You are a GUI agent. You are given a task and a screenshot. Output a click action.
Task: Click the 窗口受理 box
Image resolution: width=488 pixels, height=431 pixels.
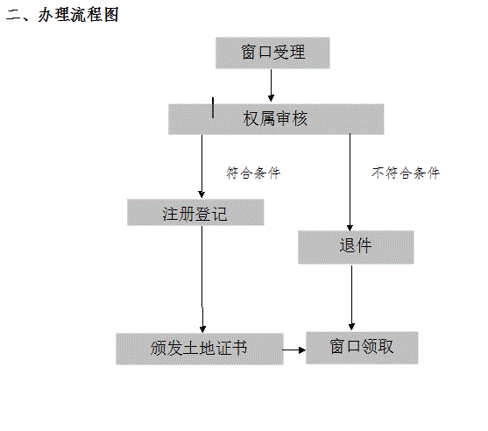coord(272,53)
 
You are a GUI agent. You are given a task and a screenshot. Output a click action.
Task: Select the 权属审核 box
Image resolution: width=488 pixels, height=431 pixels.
coord(276,119)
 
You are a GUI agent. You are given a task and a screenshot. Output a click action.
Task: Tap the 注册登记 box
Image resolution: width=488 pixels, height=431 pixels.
coord(195,212)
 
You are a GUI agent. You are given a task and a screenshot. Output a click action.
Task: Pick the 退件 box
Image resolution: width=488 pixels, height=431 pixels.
coord(356,247)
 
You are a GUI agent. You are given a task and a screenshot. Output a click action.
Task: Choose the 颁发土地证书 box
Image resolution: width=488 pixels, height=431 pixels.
coord(200,349)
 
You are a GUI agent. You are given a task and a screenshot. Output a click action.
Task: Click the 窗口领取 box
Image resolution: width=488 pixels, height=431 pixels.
coord(362,348)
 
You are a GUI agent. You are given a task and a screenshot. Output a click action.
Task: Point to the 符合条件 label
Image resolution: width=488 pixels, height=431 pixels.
coord(253,173)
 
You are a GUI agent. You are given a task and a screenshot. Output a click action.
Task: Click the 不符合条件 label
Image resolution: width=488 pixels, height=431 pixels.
coord(406,173)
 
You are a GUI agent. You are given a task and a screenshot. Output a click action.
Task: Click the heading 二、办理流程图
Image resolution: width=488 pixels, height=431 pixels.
coord(62,15)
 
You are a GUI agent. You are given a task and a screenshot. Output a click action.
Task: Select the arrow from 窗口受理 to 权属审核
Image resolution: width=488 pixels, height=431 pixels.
coord(271,85)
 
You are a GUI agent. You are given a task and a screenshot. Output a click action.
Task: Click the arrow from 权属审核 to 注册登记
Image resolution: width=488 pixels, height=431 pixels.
coord(202,166)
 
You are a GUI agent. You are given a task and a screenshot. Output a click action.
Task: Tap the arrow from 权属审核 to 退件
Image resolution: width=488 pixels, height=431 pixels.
coord(350,182)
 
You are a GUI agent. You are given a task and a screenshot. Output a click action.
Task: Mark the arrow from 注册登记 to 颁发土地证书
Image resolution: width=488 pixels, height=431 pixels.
coord(202,279)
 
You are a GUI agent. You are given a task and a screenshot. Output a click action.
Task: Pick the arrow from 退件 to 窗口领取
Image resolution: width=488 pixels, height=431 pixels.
coord(351,298)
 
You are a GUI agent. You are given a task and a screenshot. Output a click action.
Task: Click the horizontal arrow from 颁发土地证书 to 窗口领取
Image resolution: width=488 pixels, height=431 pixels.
coord(294,350)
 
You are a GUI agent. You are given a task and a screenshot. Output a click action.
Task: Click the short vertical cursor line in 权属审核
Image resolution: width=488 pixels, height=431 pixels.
coord(213,108)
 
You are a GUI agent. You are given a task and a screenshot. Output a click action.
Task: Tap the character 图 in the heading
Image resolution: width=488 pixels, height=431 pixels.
coord(111,15)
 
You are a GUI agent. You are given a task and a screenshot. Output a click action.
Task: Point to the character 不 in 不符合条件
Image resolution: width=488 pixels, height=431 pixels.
coord(378,173)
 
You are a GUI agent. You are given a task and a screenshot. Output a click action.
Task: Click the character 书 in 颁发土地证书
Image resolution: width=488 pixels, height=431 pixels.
coord(239,348)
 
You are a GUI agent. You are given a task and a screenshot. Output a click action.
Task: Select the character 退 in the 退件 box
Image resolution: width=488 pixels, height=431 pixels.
coord(347,245)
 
